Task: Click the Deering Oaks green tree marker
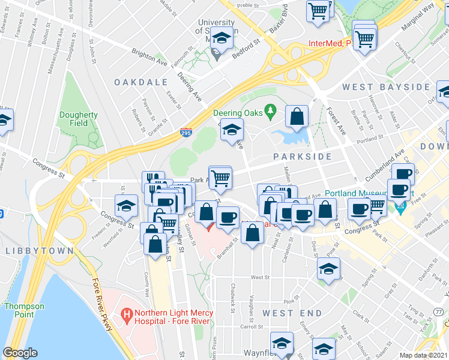pos(270,111)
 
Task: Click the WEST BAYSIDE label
pos(385,87)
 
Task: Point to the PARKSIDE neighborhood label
pos(303,156)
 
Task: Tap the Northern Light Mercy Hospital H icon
pos(126,313)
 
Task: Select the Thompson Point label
pos(24,310)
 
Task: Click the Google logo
pos(20,353)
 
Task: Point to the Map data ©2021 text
pos(423,355)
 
